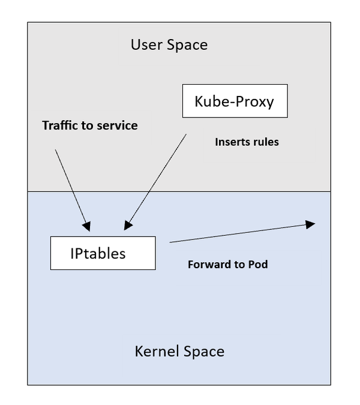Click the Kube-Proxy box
pos(235,101)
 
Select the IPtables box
pos(103,253)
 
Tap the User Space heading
pos(169,44)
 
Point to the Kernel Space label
pos(179,351)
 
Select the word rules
pos(266,143)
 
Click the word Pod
pos(257,265)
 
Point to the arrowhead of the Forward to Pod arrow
pos(311,224)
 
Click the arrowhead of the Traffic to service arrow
pos(87,226)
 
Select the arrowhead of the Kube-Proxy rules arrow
pos(128,226)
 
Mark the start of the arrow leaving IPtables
pos(170,242)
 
